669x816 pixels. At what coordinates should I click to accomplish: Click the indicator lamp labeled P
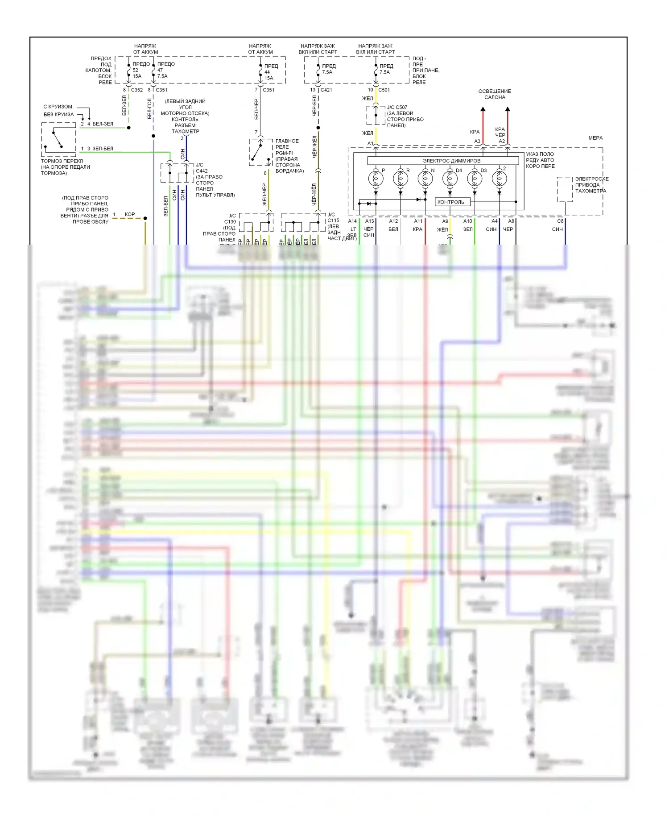pos(376,179)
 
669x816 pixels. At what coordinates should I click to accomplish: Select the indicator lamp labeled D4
pos(450,179)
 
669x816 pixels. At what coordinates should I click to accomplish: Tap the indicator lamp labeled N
pos(425,179)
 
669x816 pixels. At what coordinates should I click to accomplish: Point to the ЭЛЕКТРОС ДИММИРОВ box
pos(451,160)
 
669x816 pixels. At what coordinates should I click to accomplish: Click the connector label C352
pos(137,90)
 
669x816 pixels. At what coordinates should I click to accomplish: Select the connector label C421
pos(326,90)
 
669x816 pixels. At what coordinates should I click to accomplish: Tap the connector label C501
pos(384,90)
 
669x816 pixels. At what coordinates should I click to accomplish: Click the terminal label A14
pos(352,221)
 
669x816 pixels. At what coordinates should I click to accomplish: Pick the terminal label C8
pos(560,221)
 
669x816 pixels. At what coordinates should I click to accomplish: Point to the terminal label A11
pos(418,221)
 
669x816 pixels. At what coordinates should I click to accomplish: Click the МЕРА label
pos(595,138)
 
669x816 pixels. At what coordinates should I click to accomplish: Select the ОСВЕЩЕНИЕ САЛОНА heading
pos(495,94)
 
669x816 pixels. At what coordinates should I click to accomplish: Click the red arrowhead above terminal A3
pos(483,109)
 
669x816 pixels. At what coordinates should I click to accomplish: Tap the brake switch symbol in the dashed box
pos(58,140)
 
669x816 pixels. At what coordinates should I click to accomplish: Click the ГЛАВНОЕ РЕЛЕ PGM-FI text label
pos(288,147)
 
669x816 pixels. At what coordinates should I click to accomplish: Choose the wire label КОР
pos(130,214)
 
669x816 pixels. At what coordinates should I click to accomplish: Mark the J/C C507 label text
pos(397,107)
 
